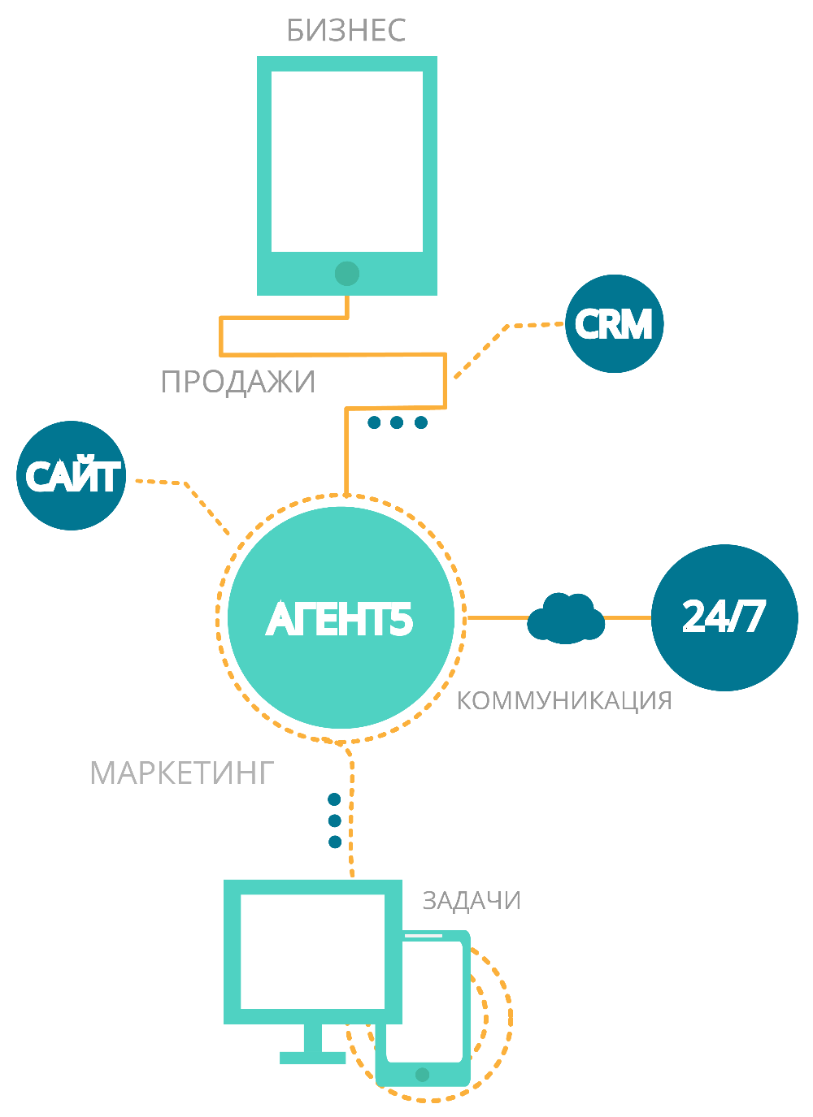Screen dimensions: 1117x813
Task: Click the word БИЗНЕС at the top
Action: click(x=346, y=31)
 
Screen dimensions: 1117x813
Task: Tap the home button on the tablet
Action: click(x=347, y=274)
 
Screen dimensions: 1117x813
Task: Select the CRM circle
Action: click(x=614, y=324)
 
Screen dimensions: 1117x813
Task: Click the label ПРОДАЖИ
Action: click(x=238, y=382)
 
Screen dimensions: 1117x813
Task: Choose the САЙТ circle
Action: click(x=72, y=476)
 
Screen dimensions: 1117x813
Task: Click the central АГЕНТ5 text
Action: click(x=340, y=620)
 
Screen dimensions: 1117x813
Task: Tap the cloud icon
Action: click(x=566, y=619)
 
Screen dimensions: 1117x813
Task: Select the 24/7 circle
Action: click(x=724, y=617)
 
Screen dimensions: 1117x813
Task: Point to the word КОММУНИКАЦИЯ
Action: click(x=564, y=700)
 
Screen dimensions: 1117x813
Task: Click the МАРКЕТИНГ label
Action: click(x=181, y=773)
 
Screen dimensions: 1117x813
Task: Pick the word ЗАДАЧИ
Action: click(x=472, y=901)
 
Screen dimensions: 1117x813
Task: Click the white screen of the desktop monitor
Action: click(x=312, y=951)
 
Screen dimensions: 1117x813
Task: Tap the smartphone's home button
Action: click(x=422, y=1075)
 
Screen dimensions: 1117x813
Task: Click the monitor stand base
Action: click(x=313, y=1057)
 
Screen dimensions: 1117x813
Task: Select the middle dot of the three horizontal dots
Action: click(x=397, y=422)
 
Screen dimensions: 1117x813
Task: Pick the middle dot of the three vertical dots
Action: click(x=334, y=820)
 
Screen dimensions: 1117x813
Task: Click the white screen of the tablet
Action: click(x=347, y=161)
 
